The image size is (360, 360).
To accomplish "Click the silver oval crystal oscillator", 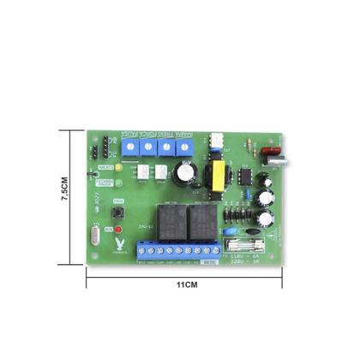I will tap(95, 234).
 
